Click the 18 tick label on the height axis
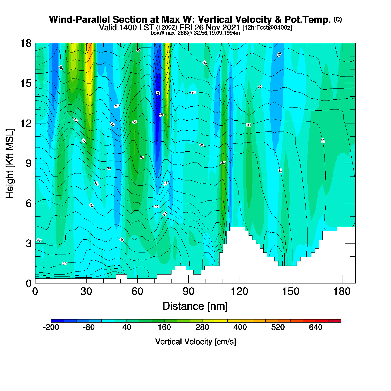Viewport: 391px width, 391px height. pos(25,43)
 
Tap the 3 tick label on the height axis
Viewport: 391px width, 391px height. pos(29,243)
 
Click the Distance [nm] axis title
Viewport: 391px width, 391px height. pos(195,306)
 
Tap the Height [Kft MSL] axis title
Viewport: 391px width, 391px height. pos(10,163)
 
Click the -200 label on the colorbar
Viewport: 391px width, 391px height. pos(51,327)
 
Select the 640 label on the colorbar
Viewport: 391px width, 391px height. pos(316,327)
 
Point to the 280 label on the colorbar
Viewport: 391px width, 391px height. pos(202,327)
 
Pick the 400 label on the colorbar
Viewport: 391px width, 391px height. pos(240,327)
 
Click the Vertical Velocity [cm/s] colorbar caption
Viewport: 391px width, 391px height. pos(195,342)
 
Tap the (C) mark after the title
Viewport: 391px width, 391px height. pos(338,19)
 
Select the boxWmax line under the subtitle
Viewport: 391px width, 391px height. pos(195,33)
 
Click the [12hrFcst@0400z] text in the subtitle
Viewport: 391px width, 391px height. pos(267,28)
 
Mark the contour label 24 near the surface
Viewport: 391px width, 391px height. pos(65,263)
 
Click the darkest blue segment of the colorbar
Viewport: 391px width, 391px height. pos(57,321)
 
